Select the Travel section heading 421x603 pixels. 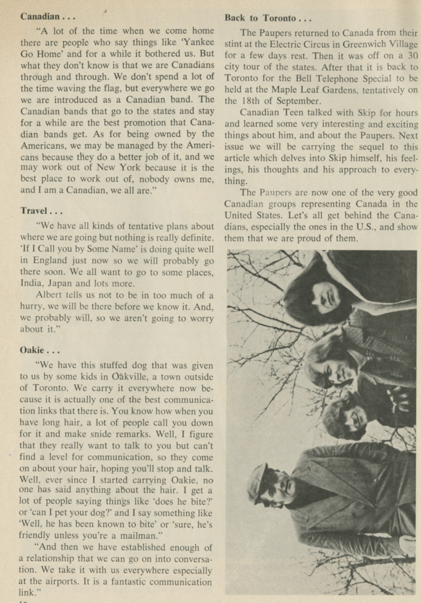coord(34,211)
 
